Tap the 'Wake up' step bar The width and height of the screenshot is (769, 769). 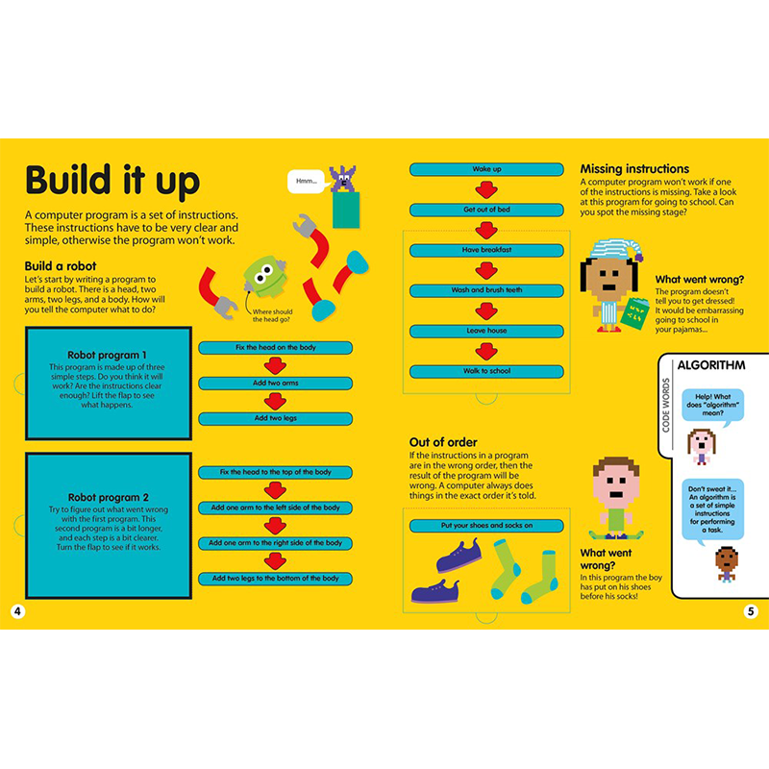pos(486,169)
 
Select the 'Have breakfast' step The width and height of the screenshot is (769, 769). pos(486,250)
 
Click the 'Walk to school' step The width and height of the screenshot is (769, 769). pos(486,371)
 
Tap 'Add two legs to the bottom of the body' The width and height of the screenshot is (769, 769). pos(275,579)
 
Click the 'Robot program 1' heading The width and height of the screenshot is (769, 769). pos(107,355)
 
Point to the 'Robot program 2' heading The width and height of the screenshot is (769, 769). pos(107,498)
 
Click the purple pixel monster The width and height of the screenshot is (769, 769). pos(342,179)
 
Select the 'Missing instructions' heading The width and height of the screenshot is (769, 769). pos(634,169)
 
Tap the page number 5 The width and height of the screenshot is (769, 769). pos(751,611)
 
